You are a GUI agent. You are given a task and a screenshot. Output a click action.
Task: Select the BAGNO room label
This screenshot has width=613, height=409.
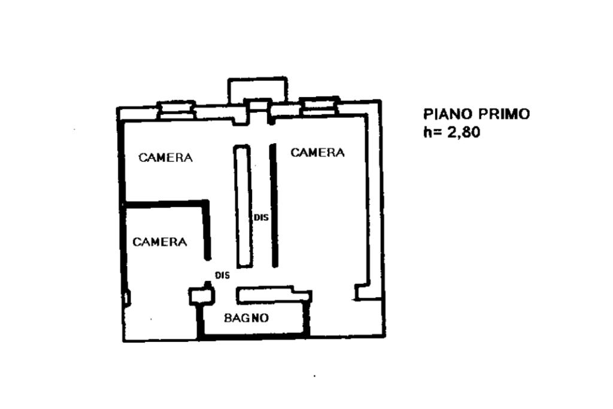(246, 318)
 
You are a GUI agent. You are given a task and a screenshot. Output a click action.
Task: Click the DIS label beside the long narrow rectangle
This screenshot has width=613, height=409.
(262, 218)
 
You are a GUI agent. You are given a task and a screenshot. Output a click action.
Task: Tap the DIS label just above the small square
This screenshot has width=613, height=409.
(223, 275)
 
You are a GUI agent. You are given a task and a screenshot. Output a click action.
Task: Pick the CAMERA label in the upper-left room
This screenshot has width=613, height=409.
(165, 158)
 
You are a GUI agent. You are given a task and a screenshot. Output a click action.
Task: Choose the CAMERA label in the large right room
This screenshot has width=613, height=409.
(317, 153)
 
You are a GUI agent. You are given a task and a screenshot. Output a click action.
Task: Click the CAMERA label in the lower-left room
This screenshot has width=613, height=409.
(159, 242)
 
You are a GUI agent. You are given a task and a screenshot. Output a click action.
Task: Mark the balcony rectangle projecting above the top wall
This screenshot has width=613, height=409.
(257, 89)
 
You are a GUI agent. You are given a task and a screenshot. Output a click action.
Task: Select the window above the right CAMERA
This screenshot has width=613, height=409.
(320, 105)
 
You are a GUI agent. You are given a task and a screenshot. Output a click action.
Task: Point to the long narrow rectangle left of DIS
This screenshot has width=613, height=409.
(242, 205)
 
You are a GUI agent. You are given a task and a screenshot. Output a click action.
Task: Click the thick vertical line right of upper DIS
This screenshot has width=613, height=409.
(274, 205)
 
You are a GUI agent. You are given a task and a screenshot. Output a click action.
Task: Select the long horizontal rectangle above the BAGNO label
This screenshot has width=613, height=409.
(273, 295)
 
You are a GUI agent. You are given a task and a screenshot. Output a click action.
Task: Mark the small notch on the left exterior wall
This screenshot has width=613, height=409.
(127, 298)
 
